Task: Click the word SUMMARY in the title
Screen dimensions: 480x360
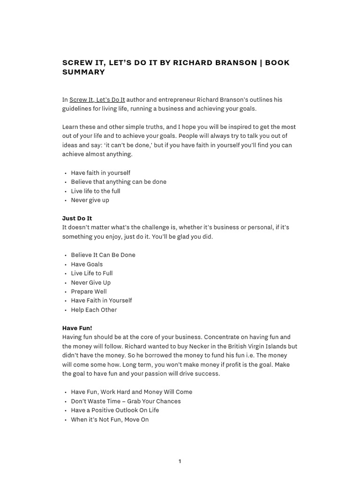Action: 83,72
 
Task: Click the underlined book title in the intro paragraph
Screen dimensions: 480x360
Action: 97,99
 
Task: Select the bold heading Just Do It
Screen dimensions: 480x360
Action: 77,218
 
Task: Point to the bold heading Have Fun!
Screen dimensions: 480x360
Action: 77,328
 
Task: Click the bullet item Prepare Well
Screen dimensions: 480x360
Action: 89,292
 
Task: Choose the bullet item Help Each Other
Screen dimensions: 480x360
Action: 94,310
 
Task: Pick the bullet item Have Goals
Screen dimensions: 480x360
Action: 87,264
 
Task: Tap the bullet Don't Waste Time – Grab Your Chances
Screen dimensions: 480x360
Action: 126,401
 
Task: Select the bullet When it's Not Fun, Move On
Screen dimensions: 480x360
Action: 110,420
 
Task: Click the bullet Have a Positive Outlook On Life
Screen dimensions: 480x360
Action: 115,410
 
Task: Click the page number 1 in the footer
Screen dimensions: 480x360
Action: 180,462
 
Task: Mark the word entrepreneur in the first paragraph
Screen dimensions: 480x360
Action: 177,99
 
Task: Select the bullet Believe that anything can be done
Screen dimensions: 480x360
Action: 119,182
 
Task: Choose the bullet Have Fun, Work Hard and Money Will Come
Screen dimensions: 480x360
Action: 131,392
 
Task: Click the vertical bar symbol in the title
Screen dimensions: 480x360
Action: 260,63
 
